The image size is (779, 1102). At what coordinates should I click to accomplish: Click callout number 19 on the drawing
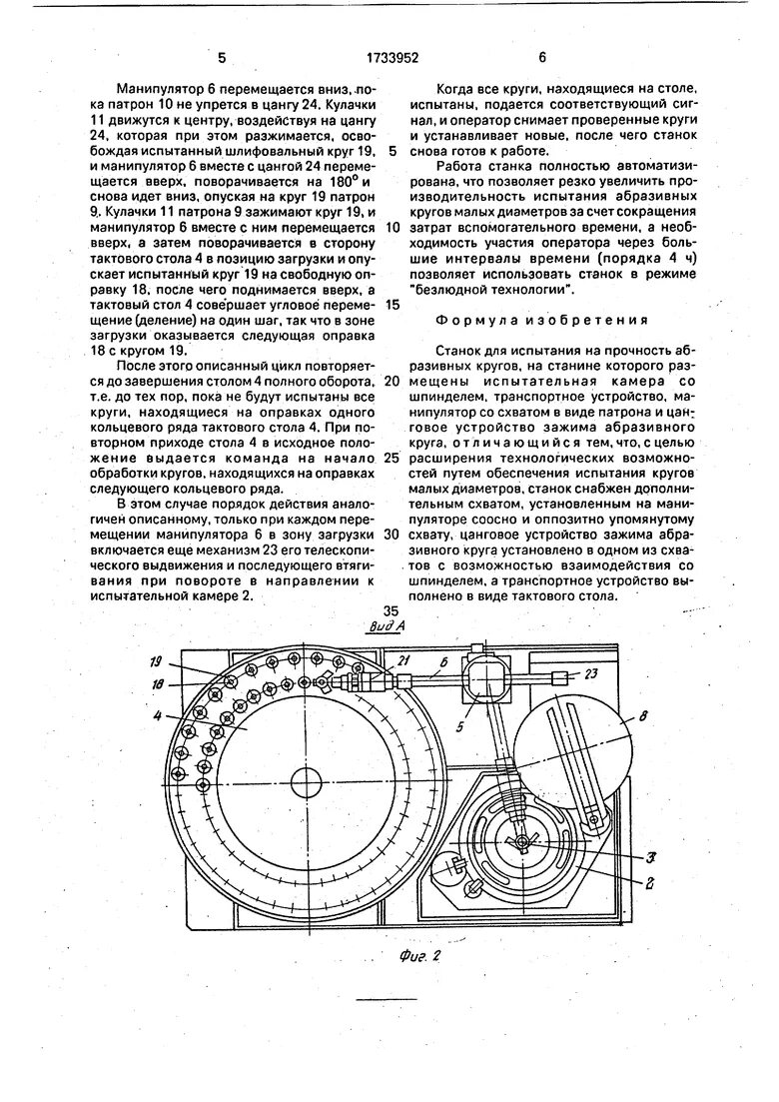click(157, 661)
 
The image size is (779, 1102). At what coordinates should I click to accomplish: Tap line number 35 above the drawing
click(389, 610)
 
